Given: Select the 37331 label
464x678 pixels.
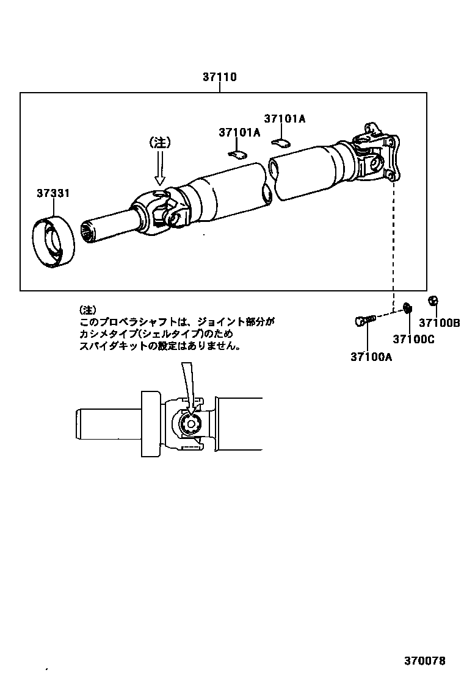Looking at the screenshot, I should point(53,193).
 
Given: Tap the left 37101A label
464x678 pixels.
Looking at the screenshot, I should point(239,132).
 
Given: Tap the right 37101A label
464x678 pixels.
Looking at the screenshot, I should point(285,119).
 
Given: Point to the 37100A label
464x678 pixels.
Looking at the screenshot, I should point(371,357).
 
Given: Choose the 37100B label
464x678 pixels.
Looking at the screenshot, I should point(439,323).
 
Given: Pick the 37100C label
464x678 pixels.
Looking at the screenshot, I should point(413,340).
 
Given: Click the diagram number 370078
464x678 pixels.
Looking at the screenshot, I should point(424,661).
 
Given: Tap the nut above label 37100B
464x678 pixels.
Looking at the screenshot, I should point(433,300).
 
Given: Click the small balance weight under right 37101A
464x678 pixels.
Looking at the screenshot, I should point(281,143).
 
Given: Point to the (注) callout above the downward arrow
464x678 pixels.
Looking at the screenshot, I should point(160,142).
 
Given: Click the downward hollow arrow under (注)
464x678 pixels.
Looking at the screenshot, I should point(160,168).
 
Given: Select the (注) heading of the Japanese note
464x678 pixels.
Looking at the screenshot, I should point(88,309).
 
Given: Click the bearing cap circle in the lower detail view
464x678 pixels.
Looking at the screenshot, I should point(191,425).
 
